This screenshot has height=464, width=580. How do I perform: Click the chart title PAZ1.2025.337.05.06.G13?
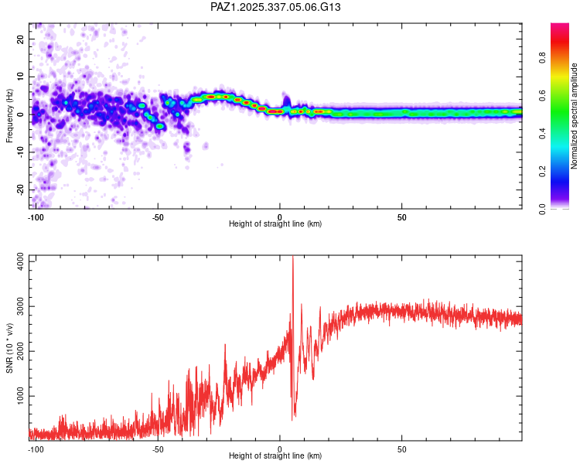tap(276, 7)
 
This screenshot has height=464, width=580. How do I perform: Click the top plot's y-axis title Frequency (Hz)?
tap(9, 114)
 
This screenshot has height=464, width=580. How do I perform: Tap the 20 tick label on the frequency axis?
tap(20, 39)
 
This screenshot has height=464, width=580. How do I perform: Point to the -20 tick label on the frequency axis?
tap(19, 189)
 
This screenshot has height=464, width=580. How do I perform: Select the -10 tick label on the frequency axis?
tap(19, 152)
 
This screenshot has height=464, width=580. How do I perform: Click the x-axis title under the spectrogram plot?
tap(275, 224)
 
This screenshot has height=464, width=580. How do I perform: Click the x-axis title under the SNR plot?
tap(275, 456)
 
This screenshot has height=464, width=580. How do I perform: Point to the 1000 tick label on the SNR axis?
tap(16, 396)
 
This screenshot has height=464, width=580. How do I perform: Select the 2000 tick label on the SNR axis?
tap(16, 351)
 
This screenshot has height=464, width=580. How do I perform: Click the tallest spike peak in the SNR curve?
tap(292, 257)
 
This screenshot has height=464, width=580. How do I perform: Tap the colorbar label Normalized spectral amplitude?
tap(575, 116)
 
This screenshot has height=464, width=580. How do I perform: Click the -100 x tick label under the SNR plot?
tap(35, 448)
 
